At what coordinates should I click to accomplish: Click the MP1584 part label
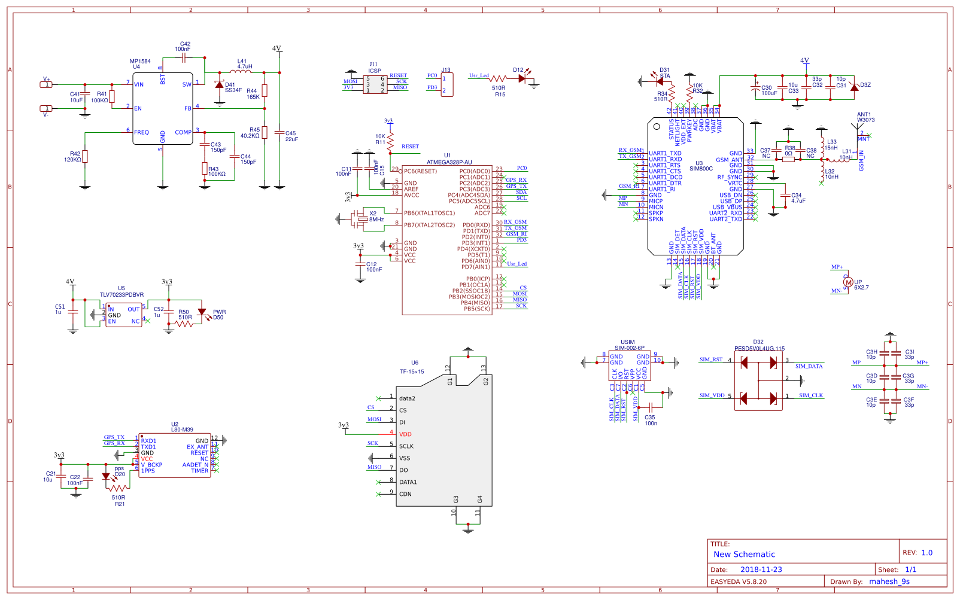(x=140, y=61)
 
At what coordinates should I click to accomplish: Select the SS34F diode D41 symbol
(x=220, y=86)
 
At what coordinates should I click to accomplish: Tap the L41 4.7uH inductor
(x=241, y=72)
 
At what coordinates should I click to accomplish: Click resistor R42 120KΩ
(x=85, y=157)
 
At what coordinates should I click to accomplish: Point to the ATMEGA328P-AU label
(x=449, y=162)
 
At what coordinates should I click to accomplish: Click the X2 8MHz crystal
(x=362, y=219)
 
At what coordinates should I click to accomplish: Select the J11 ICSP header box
(x=375, y=85)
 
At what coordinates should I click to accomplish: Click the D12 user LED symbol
(x=522, y=78)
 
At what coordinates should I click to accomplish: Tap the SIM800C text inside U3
(x=701, y=169)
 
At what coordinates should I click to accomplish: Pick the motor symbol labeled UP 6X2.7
(x=847, y=282)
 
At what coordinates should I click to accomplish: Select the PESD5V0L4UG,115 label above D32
(x=759, y=348)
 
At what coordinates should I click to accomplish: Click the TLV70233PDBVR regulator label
(x=121, y=295)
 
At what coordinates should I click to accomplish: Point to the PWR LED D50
(x=202, y=312)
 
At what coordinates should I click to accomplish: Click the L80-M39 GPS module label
(x=182, y=430)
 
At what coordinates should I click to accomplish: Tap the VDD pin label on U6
(x=405, y=434)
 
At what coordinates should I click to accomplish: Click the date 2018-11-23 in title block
(x=761, y=569)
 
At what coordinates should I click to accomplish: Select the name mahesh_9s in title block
(x=889, y=581)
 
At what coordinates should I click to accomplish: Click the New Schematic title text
(x=744, y=555)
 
